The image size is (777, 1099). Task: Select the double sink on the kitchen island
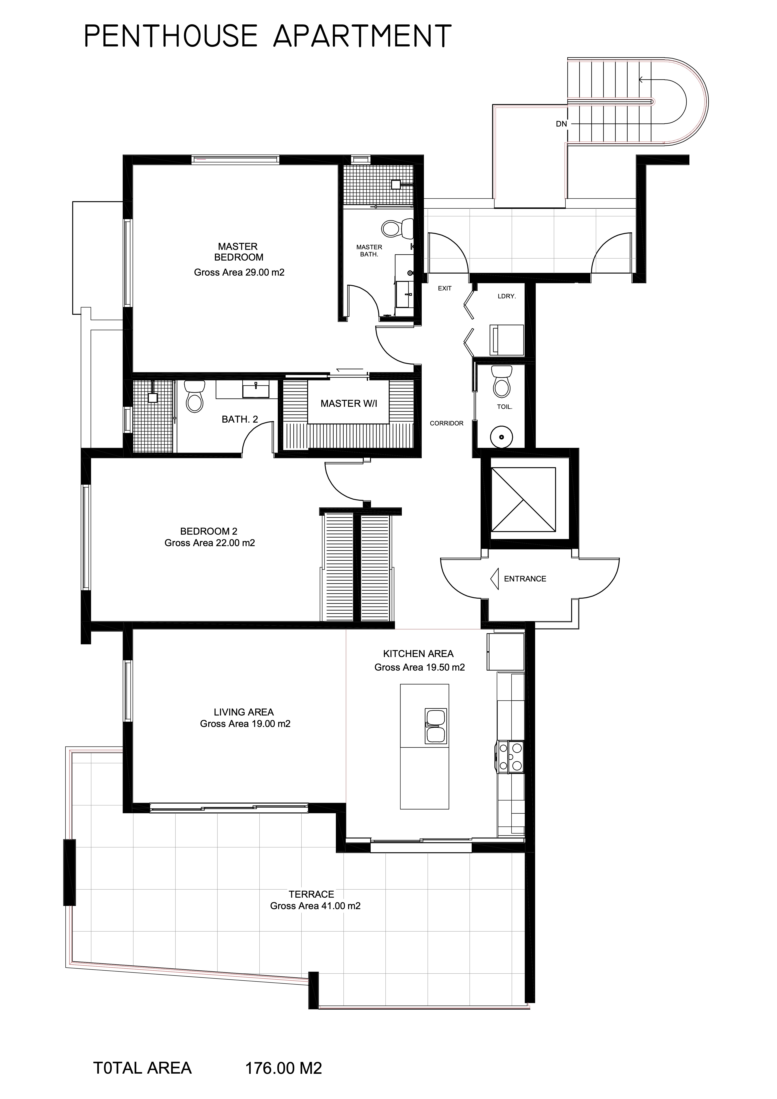point(436,727)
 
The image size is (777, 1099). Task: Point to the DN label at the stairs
point(561,124)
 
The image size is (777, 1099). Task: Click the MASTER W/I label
point(349,403)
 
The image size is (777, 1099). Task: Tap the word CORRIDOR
point(446,423)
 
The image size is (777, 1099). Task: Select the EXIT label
point(445,288)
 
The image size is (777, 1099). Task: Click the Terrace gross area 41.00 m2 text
point(315,906)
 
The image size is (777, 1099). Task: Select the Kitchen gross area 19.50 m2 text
point(420,667)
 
